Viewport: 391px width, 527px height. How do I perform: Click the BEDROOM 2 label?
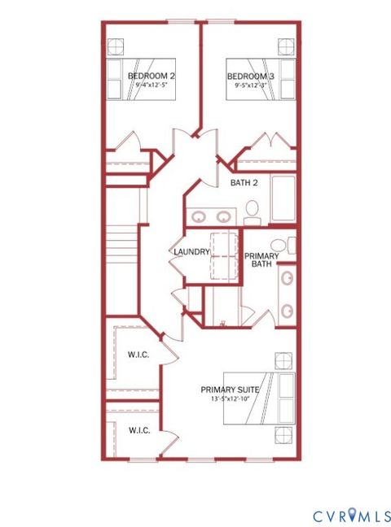pyautogui.click(x=152, y=76)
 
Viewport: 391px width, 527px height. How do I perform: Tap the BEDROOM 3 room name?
pyautogui.click(x=251, y=76)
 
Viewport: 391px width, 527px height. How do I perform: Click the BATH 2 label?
pyautogui.click(x=244, y=183)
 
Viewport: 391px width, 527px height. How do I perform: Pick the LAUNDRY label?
pyautogui.click(x=191, y=252)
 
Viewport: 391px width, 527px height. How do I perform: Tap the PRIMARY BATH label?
pyautogui.click(x=262, y=259)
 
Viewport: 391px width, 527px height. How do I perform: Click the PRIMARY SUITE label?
pyautogui.click(x=230, y=390)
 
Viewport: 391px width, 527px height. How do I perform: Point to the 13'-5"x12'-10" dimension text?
pyautogui.click(x=230, y=399)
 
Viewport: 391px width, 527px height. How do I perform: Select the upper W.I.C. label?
pyautogui.click(x=137, y=355)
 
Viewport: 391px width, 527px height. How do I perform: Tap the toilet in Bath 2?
pyautogui.click(x=252, y=213)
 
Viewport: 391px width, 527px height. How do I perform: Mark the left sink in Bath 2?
pyautogui.click(x=200, y=217)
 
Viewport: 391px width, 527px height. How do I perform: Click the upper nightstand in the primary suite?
pyautogui.click(x=283, y=359)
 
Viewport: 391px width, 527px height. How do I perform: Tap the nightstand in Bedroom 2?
pyautogui.click(x=116, y=45)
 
